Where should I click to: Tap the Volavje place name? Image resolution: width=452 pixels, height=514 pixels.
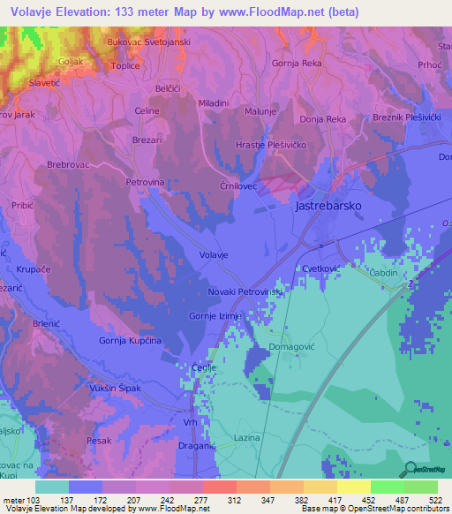(x=215, y=255)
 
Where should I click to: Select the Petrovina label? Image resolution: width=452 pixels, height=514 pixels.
(x=146, y=182)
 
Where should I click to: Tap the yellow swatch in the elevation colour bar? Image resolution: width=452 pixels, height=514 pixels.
(x=353, y=487)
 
